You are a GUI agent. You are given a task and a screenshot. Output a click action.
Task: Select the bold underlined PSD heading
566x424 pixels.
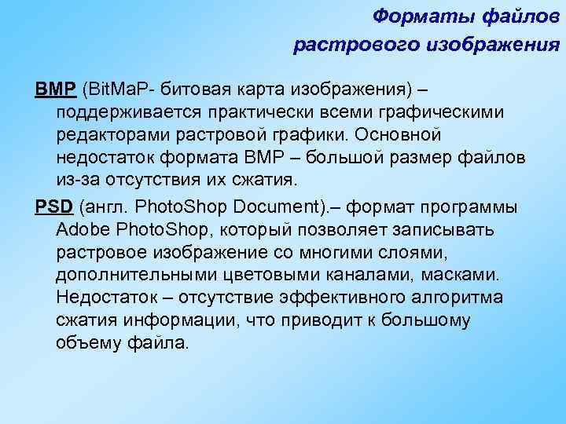pyautogui.click(x=53, y=207)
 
